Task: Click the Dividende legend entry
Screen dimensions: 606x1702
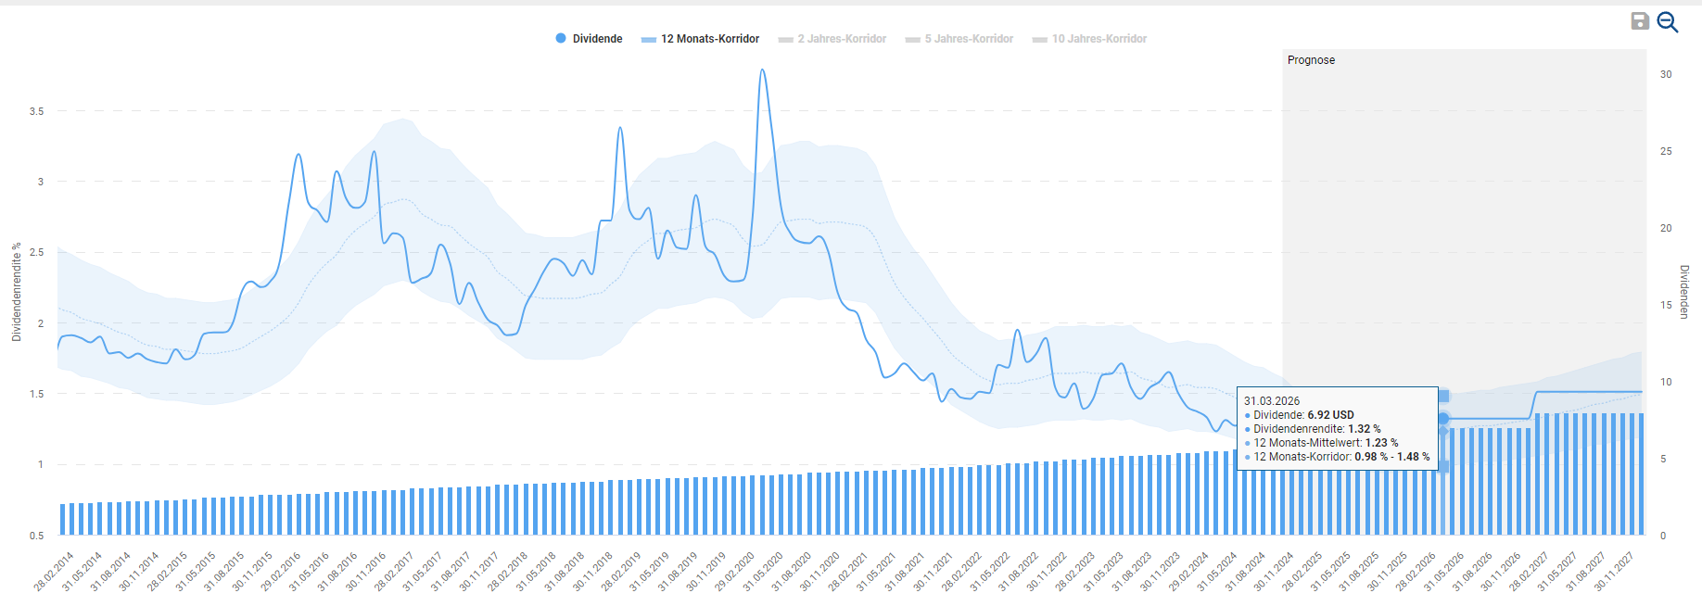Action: point(590,39)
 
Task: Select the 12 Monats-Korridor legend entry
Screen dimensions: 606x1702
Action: point(701,39)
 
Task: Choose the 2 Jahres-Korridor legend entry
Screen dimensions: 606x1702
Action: point(832,39)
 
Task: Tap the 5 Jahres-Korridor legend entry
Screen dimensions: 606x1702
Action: point(959,39)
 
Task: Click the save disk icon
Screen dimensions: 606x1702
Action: point(1640,21)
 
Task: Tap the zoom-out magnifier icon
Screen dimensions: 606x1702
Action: point(1667,22)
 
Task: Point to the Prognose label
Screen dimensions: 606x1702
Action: point(1311,60)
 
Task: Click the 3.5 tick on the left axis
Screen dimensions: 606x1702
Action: point(37,111)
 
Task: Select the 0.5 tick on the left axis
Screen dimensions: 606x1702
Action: point(37,536)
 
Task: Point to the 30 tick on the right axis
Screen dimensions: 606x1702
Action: point(1666,74)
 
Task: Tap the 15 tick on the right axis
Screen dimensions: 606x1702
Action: point(1666,305)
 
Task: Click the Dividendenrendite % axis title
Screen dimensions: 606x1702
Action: point(17,292)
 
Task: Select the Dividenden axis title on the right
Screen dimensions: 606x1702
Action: point(1684,292)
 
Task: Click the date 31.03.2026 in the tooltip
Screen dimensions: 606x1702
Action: point(1272,401)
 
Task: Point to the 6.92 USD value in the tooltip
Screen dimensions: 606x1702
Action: point(1330,415)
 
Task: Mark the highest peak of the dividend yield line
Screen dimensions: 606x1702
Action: point(762,69)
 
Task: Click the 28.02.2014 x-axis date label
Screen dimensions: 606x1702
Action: point(54,572)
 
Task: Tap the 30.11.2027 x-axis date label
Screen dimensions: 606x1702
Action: point(1614,572)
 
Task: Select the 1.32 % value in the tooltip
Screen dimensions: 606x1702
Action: point(1364,429)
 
